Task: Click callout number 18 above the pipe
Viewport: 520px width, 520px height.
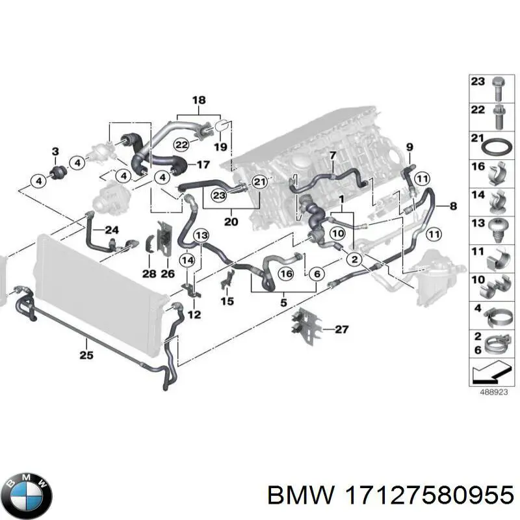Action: click(199, 101)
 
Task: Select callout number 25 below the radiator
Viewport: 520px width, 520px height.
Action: click(86, 355)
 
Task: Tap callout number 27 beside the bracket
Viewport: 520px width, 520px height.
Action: click(342, 330)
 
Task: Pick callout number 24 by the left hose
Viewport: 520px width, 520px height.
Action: click(112, 229)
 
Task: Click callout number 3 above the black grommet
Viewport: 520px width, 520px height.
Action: click(55, 152)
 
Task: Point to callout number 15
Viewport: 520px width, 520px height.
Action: click(226, 301)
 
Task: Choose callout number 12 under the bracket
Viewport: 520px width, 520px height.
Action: click(195, 315)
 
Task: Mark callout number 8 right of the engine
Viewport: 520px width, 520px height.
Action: click(452, 206)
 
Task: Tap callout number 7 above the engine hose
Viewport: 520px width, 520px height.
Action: click(332, 155)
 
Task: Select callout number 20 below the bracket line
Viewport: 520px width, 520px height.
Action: click(231, 222)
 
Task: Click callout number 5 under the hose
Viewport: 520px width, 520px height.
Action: click(283, 302)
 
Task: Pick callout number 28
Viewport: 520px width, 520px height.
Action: click(149, 274)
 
